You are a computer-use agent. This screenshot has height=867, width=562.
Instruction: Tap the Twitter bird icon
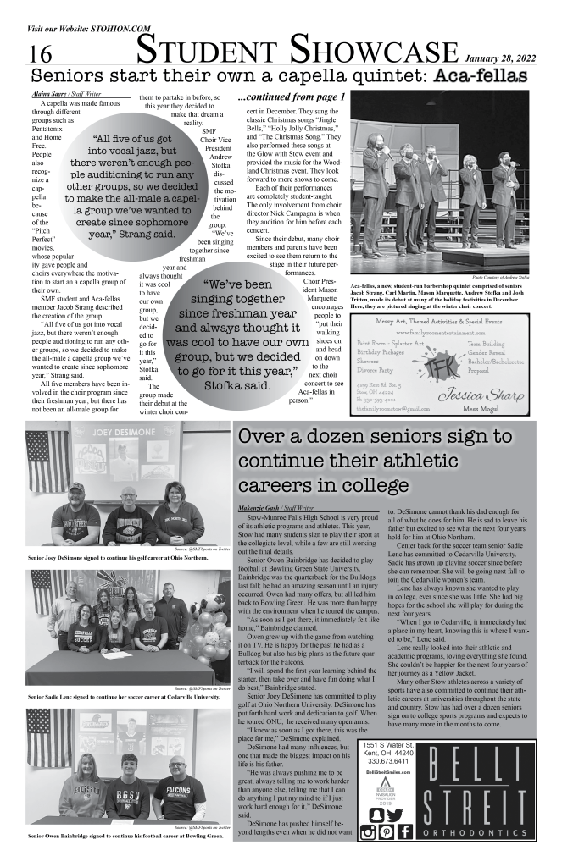(393, 815)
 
